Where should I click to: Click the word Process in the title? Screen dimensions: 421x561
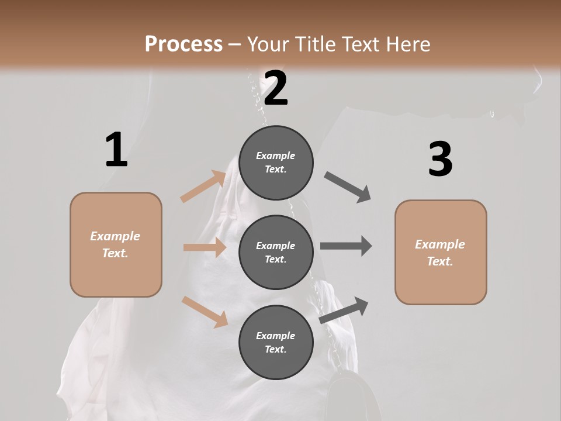tap(183, 44)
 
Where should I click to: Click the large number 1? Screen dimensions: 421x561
tap(116, 150)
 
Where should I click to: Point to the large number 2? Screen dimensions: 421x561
tap(276, 88)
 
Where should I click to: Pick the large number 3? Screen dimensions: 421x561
tap(440, 160)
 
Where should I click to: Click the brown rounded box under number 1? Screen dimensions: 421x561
tap(116, 244)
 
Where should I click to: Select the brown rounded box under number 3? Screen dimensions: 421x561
tap(441, 253)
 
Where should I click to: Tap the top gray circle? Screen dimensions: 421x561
tap(276, 163)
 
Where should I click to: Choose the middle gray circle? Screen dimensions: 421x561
tap(276, 252)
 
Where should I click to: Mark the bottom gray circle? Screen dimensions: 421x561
tap(276, 342)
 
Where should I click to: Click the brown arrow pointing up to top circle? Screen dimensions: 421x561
tap(204, 187)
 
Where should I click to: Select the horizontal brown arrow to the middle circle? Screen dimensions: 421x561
tap(205, 247)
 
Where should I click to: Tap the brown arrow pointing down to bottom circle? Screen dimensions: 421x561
tap(205, 311)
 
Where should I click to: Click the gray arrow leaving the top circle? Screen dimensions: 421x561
tap(348, 187)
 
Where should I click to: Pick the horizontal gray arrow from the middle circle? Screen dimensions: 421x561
tap(346, 246)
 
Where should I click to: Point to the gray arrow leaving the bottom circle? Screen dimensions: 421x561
tap(344, 310)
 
